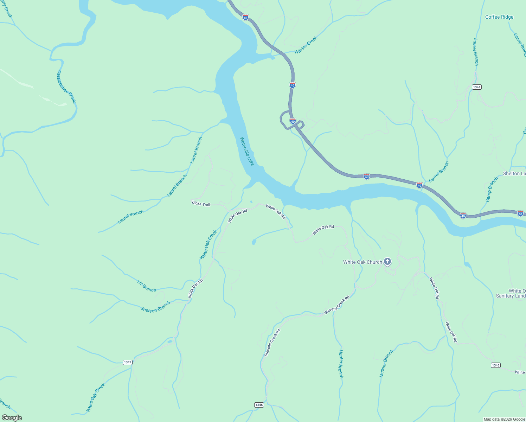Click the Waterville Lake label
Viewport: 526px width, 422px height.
coord(247,151)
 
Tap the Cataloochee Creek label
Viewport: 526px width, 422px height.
coord(66,87)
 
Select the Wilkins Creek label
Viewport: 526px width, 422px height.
coord(306,45)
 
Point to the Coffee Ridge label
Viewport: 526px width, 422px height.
coord(499,17)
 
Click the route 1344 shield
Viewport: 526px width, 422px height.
coord(476,87)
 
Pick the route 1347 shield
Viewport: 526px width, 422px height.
coord(128,362)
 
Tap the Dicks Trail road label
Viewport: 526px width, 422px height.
coord(201,204)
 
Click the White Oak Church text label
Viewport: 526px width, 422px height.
coord(362,262)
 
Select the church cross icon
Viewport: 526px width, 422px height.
coord(387,262)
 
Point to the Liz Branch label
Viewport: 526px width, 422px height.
coord(147,286)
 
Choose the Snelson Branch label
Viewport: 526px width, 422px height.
coord(155,307)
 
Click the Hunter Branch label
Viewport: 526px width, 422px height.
coord(341,364)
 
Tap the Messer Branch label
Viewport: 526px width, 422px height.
coord(386,364)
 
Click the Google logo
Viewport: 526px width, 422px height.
coord(12,418)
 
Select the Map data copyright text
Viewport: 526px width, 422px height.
coord(504,419)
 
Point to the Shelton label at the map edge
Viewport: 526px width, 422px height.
coord(514,173)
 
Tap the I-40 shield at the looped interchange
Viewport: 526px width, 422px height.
coord(293,121)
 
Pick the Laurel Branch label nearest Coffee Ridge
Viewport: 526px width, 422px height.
coord(476,52)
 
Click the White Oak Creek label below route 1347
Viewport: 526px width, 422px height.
coord(96,397)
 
